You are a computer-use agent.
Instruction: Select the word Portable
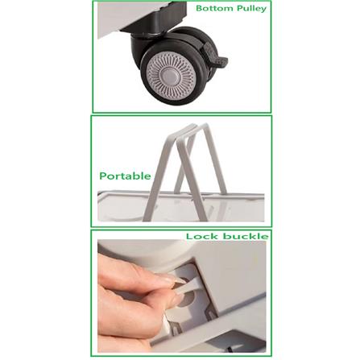click(x=125, y=176)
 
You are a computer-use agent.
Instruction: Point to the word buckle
click(x=246, y=236)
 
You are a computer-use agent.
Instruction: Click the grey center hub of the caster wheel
click(x=171, y=76)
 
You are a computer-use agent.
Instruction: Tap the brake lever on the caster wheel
click(x=215, y=56)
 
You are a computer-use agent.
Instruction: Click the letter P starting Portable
click(x=103, y=176)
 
